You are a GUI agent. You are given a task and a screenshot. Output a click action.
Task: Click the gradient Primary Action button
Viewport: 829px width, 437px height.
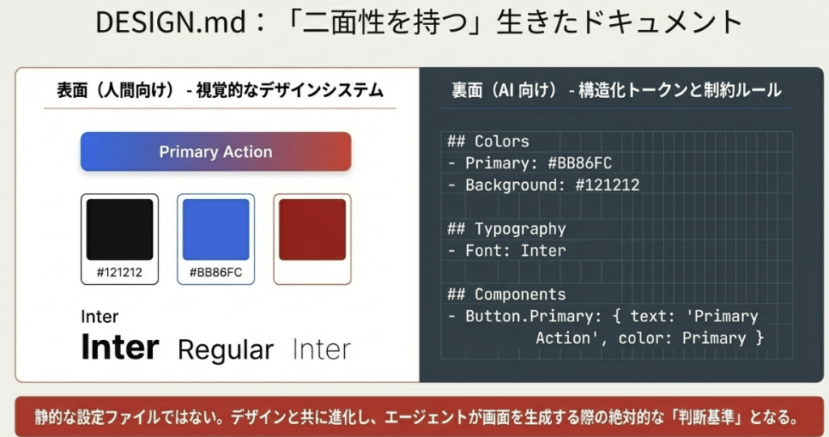tap(215, 151)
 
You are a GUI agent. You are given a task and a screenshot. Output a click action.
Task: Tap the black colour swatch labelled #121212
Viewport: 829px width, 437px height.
tap(120, 229)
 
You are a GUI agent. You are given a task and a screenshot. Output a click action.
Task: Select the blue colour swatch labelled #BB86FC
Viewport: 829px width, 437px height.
tap(215, 229)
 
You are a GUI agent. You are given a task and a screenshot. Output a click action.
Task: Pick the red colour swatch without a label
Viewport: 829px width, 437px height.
tap(312, 229)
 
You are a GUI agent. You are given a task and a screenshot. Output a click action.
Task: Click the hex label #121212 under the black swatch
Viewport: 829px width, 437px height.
tap(120, 273)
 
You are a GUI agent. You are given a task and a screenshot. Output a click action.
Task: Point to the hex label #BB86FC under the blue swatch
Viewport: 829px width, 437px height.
tap(215, 273)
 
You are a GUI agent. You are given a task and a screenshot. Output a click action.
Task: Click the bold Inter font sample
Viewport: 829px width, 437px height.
tap(120, 347)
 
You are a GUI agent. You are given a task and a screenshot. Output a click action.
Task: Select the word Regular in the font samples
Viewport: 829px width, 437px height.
tap(226, 350)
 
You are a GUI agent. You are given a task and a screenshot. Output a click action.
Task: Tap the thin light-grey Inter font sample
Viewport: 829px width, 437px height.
tap(321, 350)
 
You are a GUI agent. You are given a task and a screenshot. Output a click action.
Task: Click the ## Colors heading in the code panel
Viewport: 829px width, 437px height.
tap(488, 142)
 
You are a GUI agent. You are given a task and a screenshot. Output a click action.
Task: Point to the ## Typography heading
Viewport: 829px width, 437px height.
tap(507, 229)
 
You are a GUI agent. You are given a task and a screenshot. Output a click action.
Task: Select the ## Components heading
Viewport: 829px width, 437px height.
tap(507, 295)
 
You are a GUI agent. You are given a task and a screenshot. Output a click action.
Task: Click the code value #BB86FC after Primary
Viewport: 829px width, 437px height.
tap(580, 163)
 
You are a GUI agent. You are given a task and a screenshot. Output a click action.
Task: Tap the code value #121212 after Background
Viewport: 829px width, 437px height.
tap(607, 185)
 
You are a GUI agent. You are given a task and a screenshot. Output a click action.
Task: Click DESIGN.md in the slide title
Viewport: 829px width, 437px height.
tap(171, 23)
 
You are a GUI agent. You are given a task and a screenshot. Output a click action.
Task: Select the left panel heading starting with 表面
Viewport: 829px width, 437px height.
tap(220, 91)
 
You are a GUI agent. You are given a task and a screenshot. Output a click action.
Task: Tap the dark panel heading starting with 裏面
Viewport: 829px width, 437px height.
tap(616, 91)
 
